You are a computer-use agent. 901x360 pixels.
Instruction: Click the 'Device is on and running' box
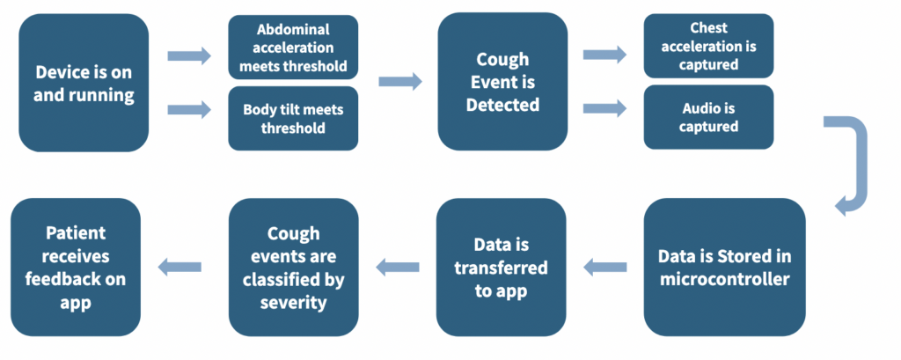[84, 83]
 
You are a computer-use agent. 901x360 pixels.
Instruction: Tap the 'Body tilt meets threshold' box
[294, 119]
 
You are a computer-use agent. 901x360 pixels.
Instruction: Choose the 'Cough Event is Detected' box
[502, 83]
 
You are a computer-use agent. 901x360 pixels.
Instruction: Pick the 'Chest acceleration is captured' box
[708, 46]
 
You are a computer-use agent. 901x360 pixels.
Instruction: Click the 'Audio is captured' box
[708, 116]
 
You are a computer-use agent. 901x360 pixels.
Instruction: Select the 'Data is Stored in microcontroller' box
[724, 267]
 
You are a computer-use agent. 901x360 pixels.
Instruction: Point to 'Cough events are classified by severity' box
[294, 267]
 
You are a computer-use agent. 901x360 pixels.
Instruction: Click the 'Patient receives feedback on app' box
[76, 267]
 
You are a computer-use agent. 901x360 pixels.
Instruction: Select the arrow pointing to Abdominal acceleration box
[190, 56]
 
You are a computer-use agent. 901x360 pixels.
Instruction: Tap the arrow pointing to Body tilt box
[190, 110]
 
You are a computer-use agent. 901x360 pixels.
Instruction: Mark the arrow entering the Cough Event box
[399, 82]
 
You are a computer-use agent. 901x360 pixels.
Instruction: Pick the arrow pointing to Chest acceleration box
[604, 55]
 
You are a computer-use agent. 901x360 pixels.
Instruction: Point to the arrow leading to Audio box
[604, 109]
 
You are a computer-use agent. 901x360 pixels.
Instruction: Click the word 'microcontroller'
[724, 280]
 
